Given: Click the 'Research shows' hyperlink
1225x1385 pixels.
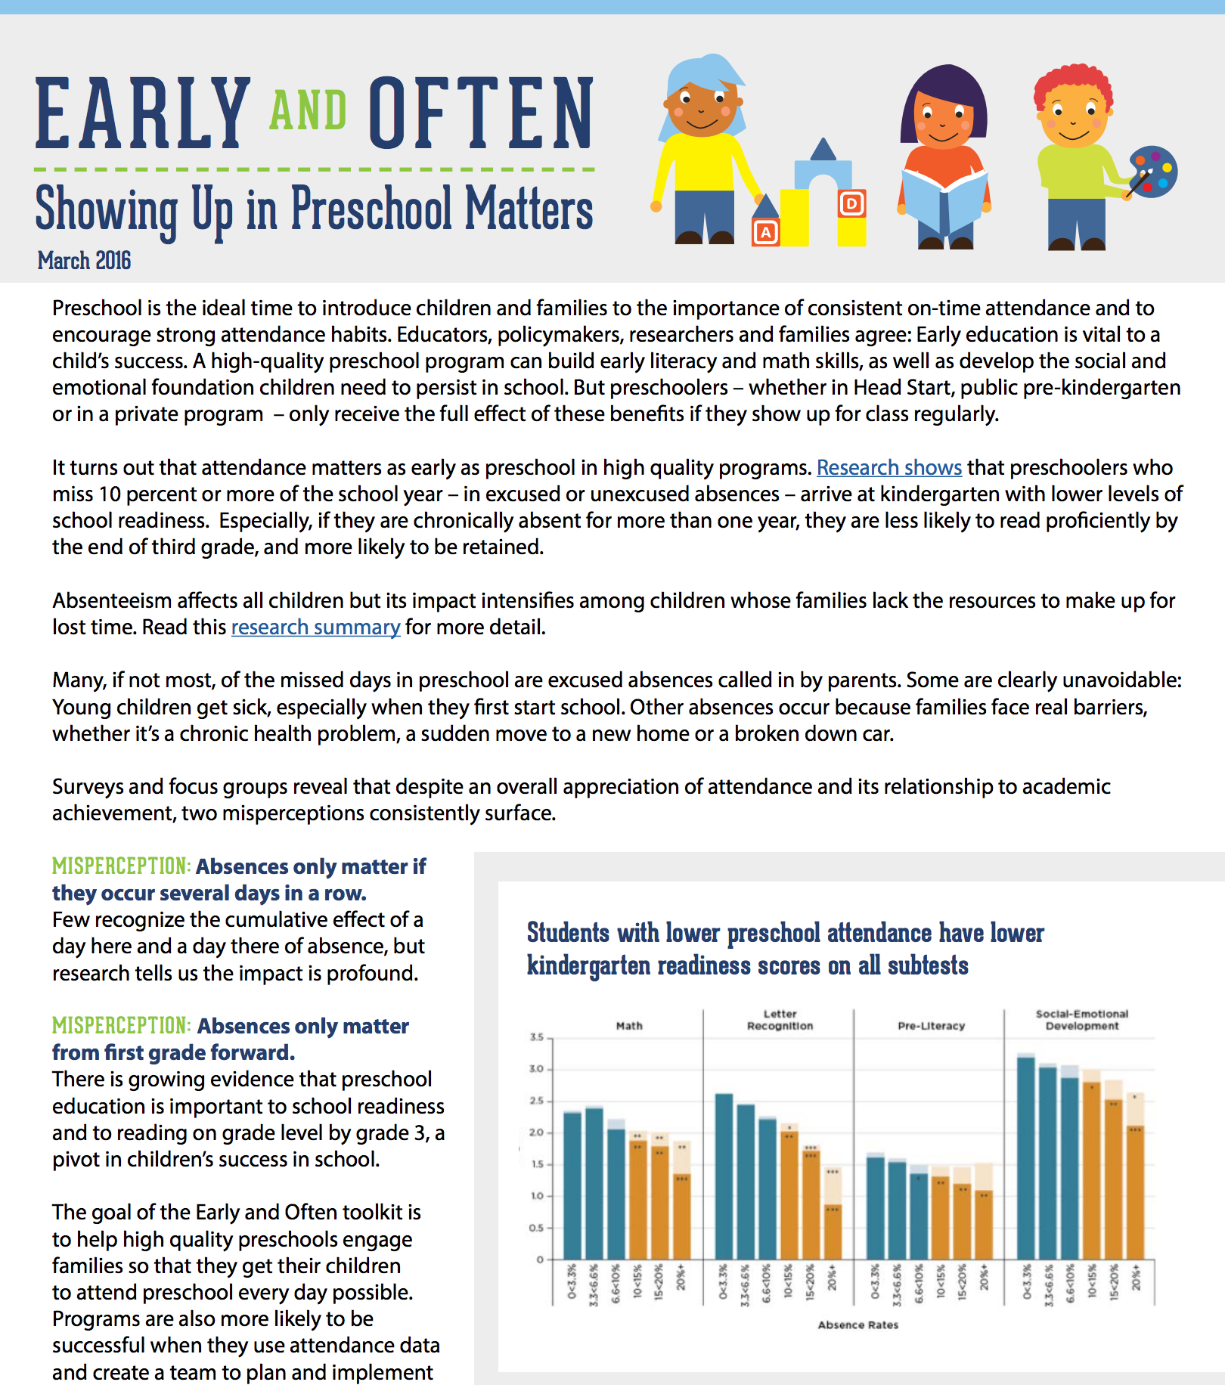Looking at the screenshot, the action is click(889, 468).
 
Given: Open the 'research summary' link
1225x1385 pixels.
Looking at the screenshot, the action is click(315, 627).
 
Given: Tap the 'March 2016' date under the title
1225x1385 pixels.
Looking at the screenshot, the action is click(84, 261).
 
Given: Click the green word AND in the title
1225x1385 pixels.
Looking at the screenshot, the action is click(309, 110).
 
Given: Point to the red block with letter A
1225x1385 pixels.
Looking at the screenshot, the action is click(765, 231).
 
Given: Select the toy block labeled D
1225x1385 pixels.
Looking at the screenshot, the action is click(852, 203).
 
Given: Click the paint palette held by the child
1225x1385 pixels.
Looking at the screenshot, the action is click(1153, 172).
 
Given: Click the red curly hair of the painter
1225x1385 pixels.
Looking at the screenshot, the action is click(1074, 84).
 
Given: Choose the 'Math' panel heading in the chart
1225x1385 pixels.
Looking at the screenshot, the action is click(629, 1026).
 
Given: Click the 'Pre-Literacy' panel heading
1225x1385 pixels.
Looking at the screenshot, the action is click(932, 1026).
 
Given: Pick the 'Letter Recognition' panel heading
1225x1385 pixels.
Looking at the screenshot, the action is click(780, 1020).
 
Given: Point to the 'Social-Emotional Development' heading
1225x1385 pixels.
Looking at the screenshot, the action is click(1082, 1020).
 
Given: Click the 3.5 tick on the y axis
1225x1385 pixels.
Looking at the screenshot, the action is click(537, 1037).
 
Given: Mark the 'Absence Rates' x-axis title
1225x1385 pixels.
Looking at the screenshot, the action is click(858, 1325).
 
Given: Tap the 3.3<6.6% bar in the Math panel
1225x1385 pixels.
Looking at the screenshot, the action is click(594, 1184).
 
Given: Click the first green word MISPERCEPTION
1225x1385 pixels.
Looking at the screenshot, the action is click(119, 866).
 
